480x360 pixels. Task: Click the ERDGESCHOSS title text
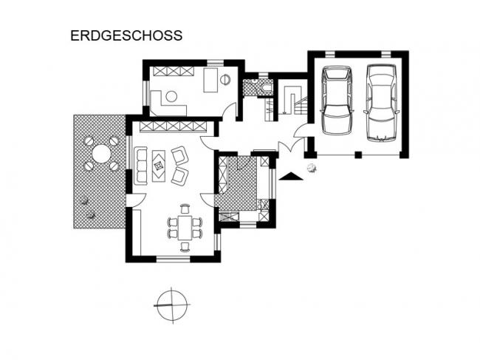[126, 35]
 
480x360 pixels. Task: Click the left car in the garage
[337, 101]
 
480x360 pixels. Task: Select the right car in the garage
[382, 103]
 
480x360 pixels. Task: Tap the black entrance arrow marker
[290, 176]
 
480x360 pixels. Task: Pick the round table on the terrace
[102, 154]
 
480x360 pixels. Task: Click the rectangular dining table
[185, 228]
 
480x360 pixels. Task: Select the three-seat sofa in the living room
[141, 166]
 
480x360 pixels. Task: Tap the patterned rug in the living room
[159, 166]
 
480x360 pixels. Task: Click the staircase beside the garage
[295, 101]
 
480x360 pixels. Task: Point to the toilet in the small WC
[267, 87]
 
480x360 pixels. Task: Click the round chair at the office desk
[171, 97]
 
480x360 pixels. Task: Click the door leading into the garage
[301, 131]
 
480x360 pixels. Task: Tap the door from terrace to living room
[136, 200]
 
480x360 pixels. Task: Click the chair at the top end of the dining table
[185, 208]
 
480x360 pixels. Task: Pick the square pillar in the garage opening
[358, 154]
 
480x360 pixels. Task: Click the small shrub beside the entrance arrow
[312, 168]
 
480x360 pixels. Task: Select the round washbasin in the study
[225, 80]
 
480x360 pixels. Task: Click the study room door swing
[229, 109]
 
